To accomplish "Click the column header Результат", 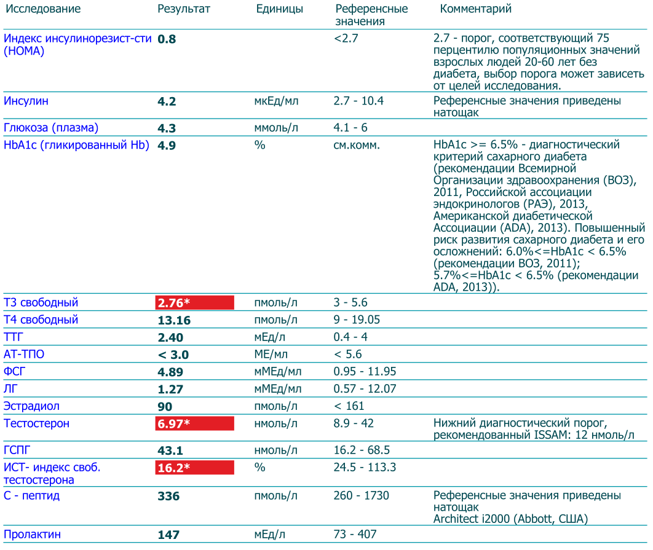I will click(183, 9).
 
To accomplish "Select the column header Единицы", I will click(279, 9).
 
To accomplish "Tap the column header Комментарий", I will click(476, 9).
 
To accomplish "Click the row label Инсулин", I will click(26, 101).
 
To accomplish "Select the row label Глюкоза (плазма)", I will click(51, 128).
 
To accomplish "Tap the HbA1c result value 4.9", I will click(167, 146).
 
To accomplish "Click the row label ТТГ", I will click(14, 337).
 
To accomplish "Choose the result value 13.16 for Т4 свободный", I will click(174, 320).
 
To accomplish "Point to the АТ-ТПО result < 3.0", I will click(173, 355).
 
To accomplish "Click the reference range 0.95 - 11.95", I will click(365, 372).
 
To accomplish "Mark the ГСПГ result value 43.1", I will click(170, 450).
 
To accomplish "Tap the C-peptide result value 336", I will click(168, 496).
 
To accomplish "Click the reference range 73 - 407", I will click(355, 535).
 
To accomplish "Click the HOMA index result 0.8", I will click(167, 39).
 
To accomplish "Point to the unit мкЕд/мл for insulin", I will click(276, 101).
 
